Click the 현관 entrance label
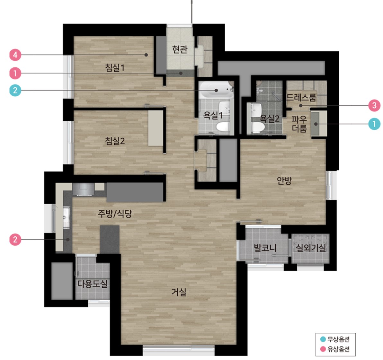(180, 49)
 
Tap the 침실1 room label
(115, 67)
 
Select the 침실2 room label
(115, 141)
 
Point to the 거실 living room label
(179, 292)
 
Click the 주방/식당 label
(115, 214)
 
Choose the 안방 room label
(284, 180)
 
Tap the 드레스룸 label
(301, 97)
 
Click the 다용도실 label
(92, 284)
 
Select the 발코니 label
(265, 248)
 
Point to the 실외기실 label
(311, 248)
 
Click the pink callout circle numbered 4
(15, 55)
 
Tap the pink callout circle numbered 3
(374, 105)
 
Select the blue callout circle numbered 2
(15, 90)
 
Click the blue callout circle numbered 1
(374, 124)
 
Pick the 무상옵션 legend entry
(335, 339)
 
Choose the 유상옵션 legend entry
(335, 349)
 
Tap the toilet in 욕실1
(223, 127)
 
